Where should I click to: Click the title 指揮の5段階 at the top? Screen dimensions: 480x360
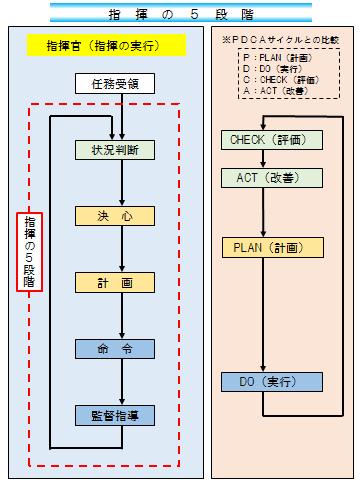point(180,14)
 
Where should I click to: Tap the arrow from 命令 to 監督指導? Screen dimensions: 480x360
point(120,381)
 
